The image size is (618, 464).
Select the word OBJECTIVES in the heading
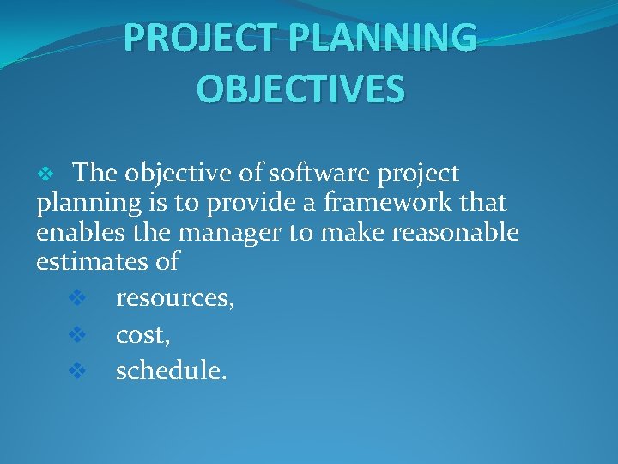pos(300,89)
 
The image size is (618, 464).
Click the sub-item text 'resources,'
pos(176,299)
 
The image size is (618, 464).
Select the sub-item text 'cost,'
pos(143,334)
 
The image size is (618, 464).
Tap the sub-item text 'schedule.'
pos(172,370)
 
